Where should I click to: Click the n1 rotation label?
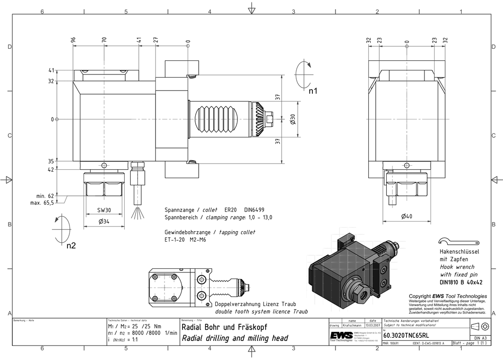pos(313,92)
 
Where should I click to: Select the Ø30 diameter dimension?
pos(292,119)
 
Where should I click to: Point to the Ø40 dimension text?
pos(407,217)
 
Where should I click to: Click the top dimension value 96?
pos(73,40)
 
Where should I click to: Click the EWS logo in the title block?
pos(341,336)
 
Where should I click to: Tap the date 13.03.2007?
pos(373,325)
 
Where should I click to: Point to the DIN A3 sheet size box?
pos(481,337)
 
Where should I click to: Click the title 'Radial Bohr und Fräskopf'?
pos(228,327)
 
